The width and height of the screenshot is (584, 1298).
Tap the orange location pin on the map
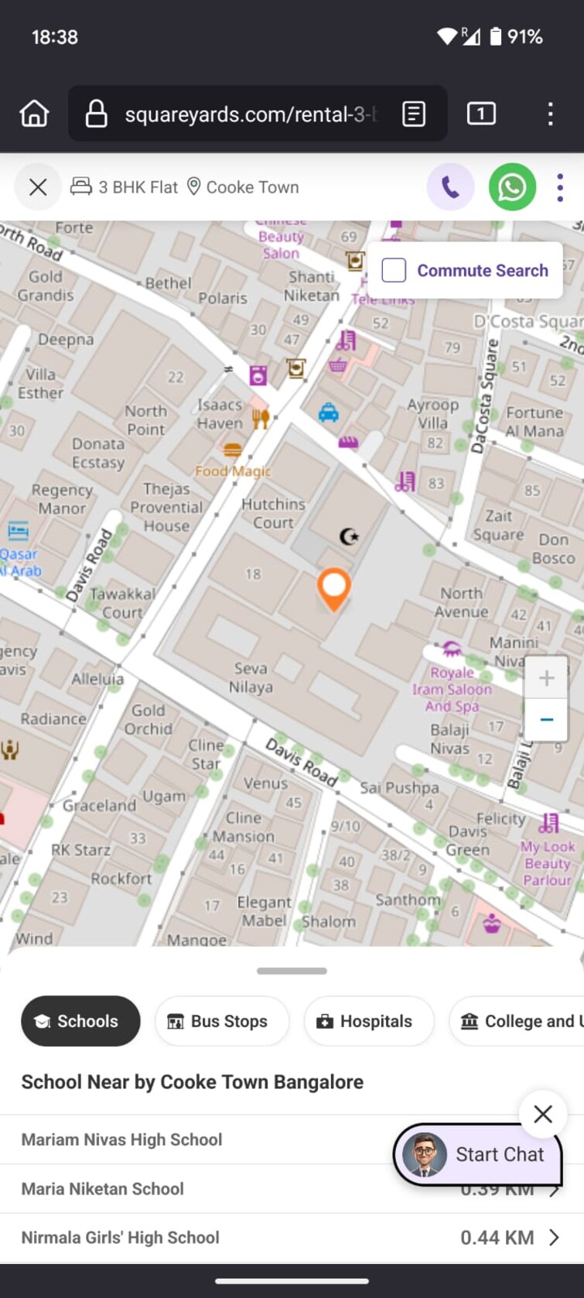coord(333,587)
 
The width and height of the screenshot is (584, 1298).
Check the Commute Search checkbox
coord(394,270)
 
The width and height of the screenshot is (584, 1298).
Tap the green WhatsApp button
coord(512,187)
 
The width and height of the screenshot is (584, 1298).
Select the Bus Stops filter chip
coord(221,1021)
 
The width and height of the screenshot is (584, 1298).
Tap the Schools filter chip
coord(80,1021)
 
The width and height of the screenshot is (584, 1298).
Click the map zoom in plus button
coord(546,678)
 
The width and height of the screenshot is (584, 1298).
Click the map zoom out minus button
coord(546,719)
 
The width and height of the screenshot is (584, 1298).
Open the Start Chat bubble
coord(477,1154)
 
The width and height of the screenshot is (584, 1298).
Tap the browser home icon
coord(34,114)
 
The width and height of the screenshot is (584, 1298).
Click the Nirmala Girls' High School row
coord(121,1238)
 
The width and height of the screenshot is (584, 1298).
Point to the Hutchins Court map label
coord(273,513)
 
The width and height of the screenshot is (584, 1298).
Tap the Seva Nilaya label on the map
coord(251,677)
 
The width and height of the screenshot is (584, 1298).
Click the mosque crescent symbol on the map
coord(350,535)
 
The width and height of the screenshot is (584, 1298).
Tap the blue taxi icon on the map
coord(329,413)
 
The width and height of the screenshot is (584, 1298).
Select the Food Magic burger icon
coord(232,450)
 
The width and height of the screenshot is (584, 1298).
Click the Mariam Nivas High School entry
coord(121,1139)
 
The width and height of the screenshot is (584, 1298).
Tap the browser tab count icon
coord(481,114)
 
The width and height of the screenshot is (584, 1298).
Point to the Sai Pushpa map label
coord(399,787)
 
